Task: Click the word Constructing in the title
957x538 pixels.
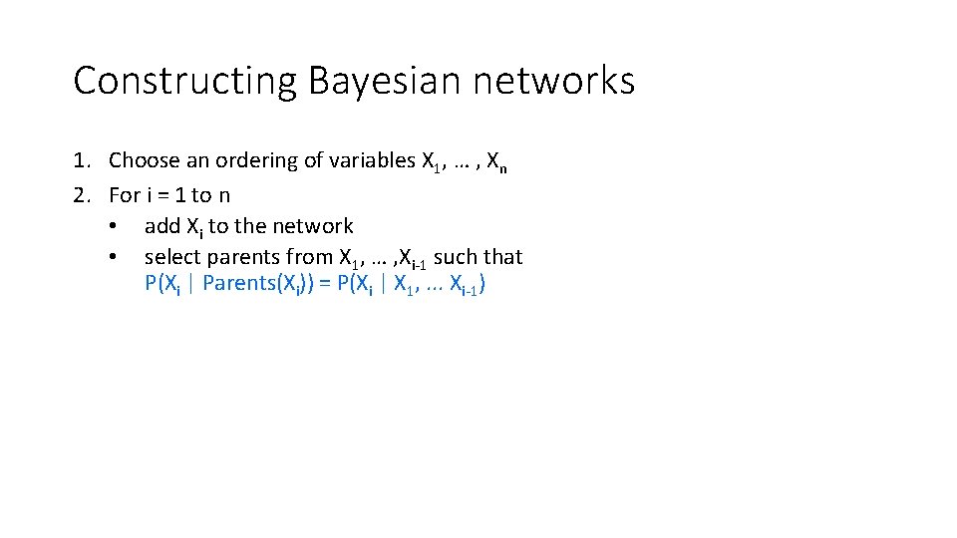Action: tap(185, 82)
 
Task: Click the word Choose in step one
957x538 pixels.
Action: tap(145, 160)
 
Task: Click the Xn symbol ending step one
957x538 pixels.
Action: tap(495, 161)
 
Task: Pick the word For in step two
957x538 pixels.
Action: tap(125, 194)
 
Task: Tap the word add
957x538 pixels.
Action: tap(163, 227)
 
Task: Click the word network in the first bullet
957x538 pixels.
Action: tap(314, 227)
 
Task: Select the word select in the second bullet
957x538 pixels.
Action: tap(172, 257)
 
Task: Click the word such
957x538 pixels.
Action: tap(456, 257)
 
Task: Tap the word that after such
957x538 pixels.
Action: tap(503, 257)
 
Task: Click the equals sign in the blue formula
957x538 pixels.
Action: tap(326, 284)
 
